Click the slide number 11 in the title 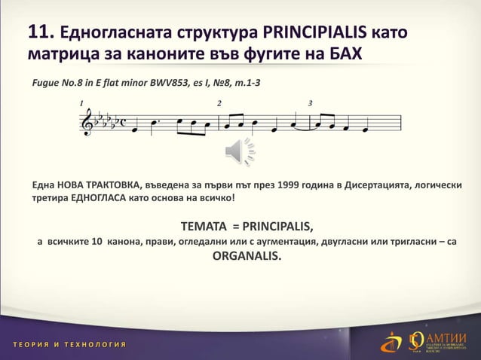(38, 32)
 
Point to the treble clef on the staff (85, 122)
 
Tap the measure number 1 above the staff (82, 102)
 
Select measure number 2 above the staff (219, 102)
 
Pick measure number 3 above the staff (310, 102)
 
